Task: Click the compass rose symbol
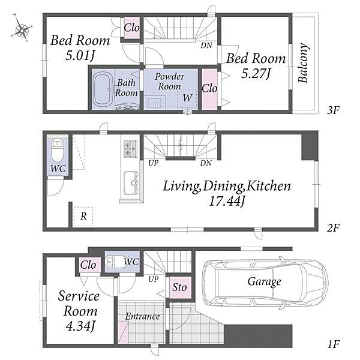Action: (21, 29)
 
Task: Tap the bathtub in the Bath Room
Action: (103, 89)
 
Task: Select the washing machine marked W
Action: (187, 98)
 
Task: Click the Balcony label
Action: (303, 63)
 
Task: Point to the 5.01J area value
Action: (80, 56)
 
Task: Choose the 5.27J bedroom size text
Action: (256, 74)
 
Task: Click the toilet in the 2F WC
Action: (57, 151)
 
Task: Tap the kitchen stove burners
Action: (130, 149)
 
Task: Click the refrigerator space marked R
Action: (83, 217)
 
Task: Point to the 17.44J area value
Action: (227, 201)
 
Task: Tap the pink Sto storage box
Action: (180, 287)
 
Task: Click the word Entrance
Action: (142, 317)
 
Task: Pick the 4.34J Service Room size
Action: (80, 326)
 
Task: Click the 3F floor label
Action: (333, 110)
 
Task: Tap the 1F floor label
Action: (334, 344)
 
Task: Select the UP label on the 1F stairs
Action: (154, 279)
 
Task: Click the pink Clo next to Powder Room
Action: (209, 89)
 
